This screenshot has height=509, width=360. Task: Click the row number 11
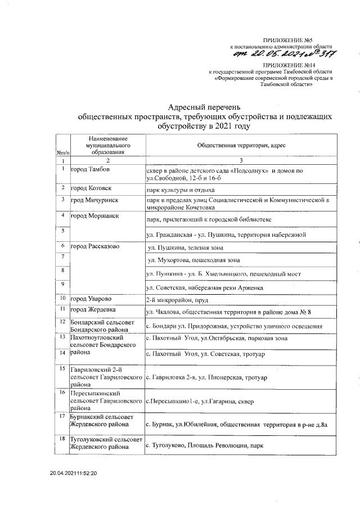(65, 309)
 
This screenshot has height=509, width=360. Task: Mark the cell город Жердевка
(93, 310)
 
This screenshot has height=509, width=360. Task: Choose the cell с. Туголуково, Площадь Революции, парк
(205, 446)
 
